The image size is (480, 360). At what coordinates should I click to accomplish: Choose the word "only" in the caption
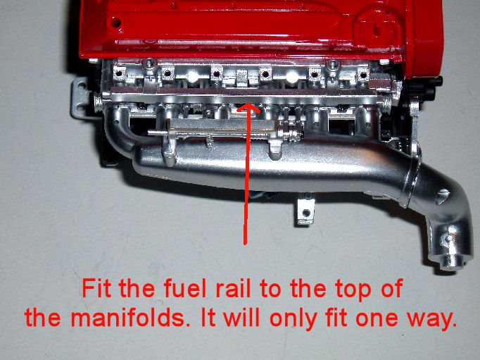click(x=293, y=319)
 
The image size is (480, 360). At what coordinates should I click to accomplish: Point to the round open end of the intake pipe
click(x=452, y=262)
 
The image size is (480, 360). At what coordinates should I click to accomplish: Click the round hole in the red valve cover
click(x=115, y=23)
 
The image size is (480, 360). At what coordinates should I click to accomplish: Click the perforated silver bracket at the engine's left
click(x=80, y=97)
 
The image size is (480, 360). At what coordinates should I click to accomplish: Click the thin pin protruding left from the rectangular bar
click(x=157, y=132)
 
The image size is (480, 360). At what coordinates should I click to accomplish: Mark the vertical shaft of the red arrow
click(x=245, y=175)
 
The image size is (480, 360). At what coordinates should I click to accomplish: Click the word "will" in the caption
click(x=241, y=317)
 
